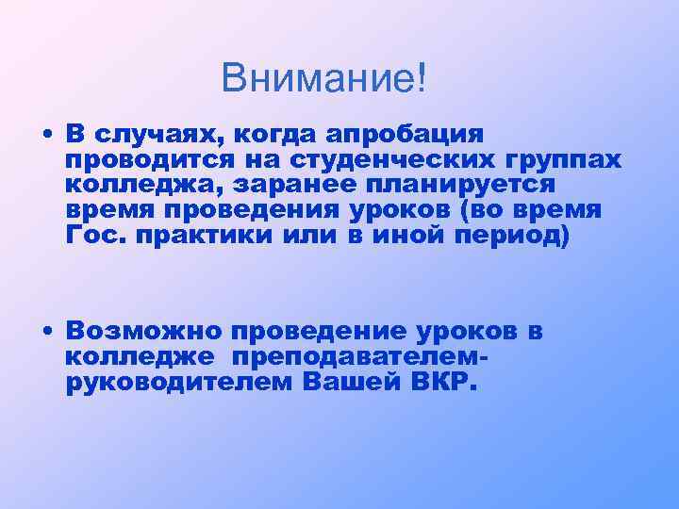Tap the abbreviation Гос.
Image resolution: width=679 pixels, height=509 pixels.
point(97,235)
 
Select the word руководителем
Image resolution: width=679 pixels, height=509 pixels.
point(177,383)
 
